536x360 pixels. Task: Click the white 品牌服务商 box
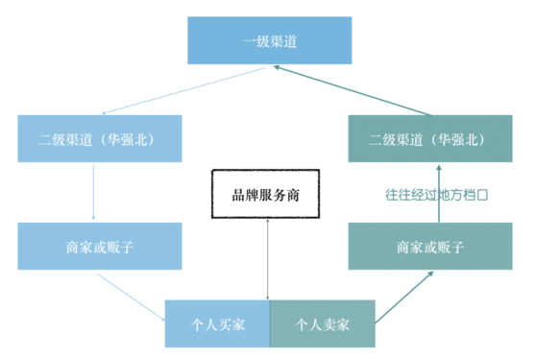[x=267, y=195]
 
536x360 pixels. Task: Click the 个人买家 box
[x=217, y=324]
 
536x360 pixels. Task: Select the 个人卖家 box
[x=322, y=324]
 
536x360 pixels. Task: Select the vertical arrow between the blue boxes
[x=93, y=192]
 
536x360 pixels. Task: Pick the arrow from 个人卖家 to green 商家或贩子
[x=403, y=297]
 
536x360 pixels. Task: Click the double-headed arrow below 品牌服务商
[x=267, y=259]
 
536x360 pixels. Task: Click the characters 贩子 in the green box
[x=451, y=247]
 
